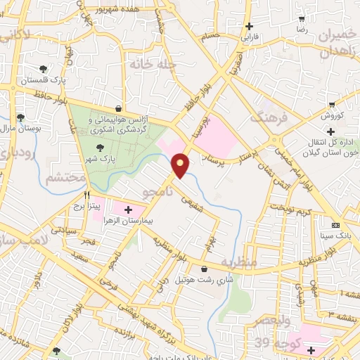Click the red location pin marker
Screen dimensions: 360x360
coord(181,165)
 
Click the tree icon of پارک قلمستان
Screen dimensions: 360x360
coord(44,69)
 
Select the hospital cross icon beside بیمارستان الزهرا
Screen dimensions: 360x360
coord(128,209)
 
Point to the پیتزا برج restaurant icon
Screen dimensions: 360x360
coord(88,195)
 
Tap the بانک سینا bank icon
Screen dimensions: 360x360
coord(335,225)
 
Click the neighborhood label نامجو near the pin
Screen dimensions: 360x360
coord(157,192)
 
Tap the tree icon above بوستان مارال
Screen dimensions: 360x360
coord(20,117)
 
